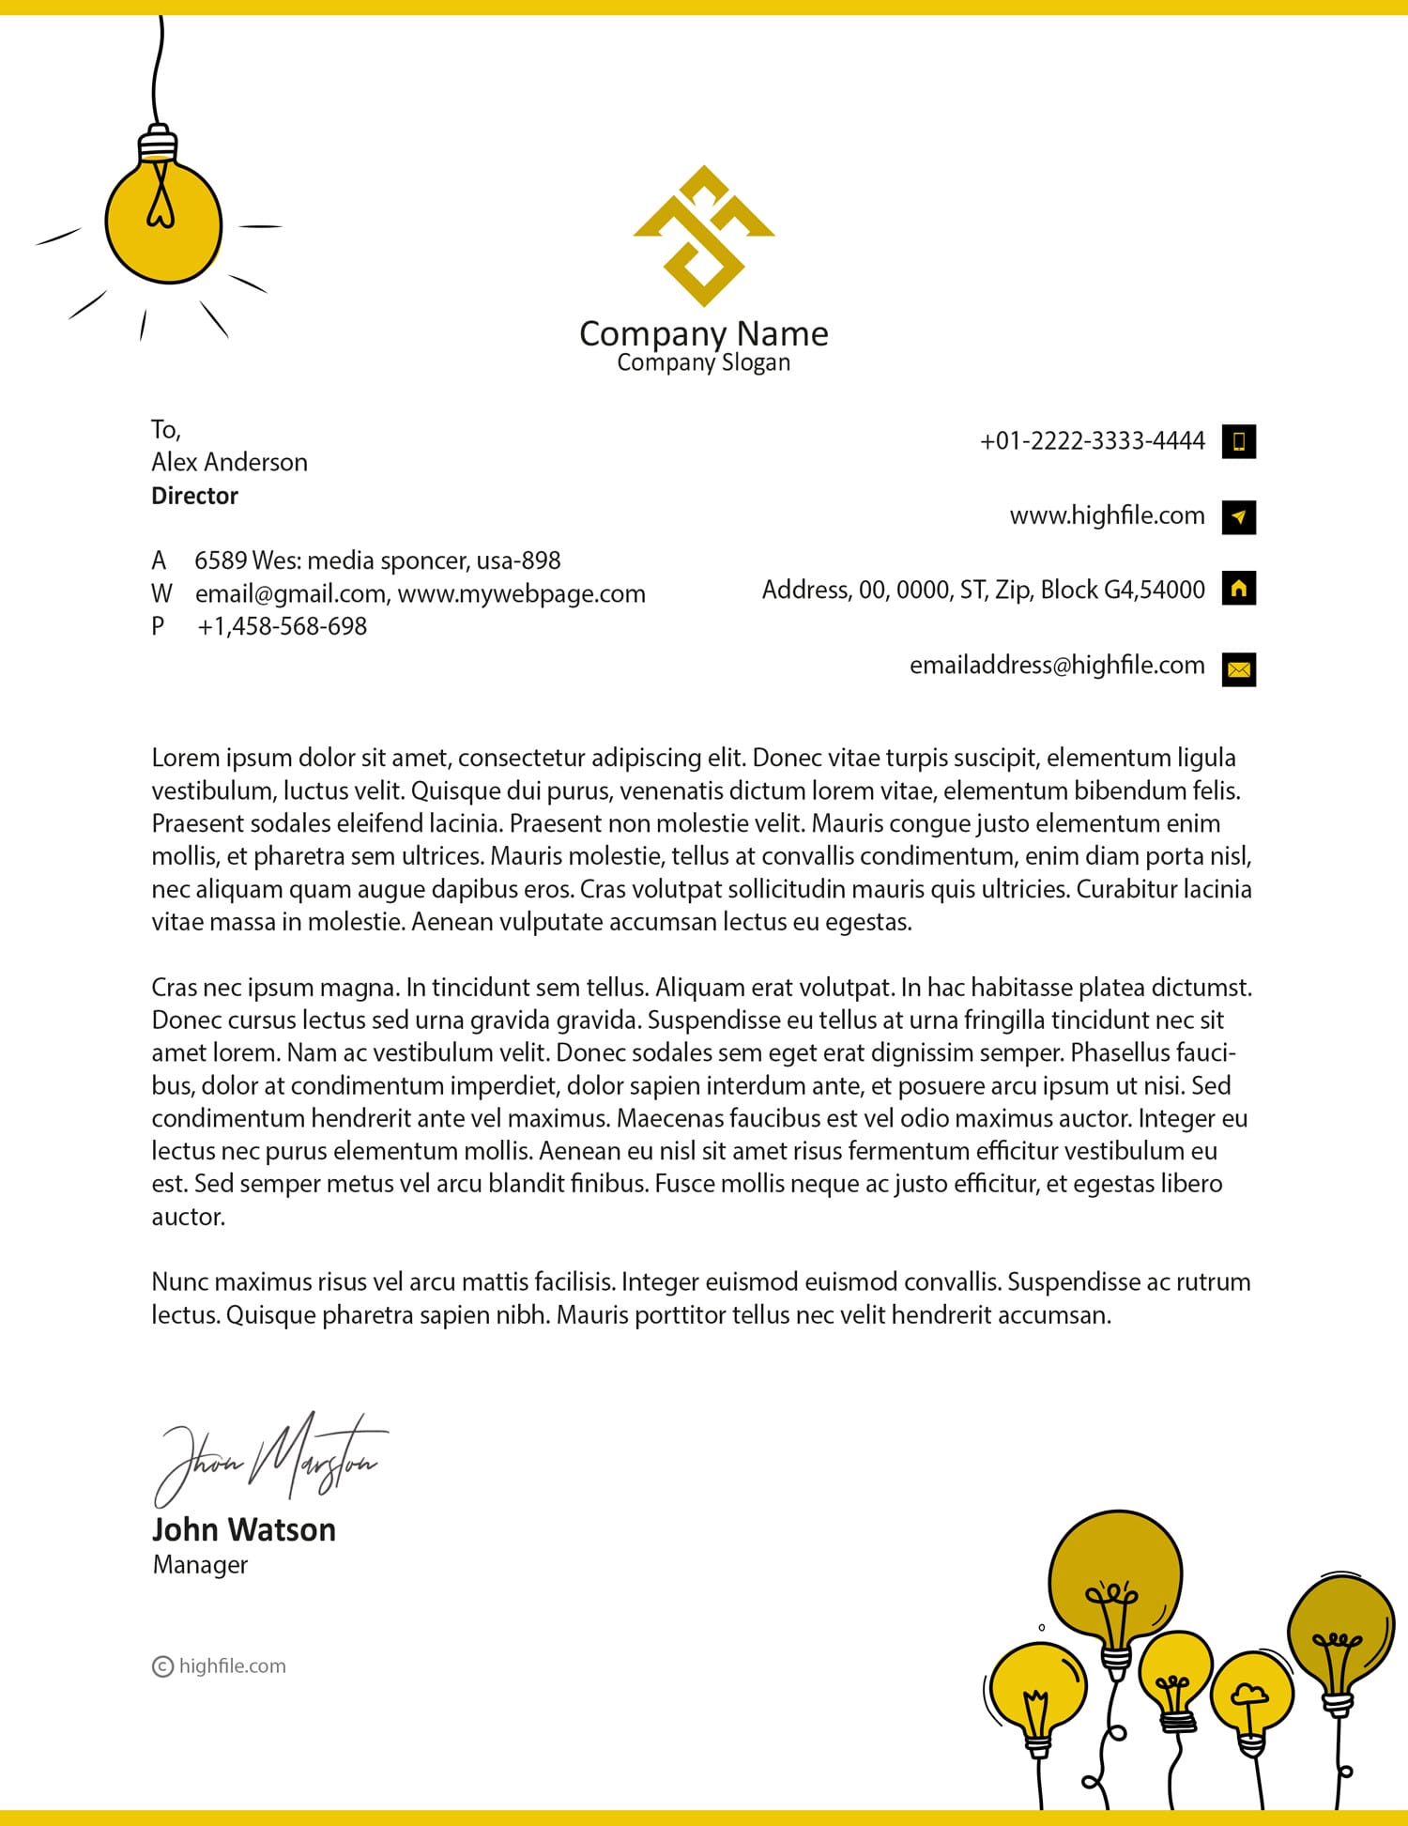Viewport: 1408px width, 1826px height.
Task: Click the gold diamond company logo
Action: pos(703,236)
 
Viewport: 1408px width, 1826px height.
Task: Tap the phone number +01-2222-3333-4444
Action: pos(1092,441)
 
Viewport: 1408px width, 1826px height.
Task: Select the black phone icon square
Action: pos(1238,441)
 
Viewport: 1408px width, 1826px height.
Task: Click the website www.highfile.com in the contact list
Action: pos(1107,515)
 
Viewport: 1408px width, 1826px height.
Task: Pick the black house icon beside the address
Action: pos(1238,589)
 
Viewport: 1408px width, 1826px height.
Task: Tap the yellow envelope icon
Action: pos(1238,669)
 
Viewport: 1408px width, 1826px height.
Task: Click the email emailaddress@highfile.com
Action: pos(1056,665)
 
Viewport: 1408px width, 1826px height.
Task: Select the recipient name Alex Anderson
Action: pos(229,462)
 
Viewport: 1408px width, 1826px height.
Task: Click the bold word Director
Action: pos(194,496)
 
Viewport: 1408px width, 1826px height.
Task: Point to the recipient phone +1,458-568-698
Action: pos(282,626)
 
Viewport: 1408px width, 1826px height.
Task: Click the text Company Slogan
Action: pos(703,362)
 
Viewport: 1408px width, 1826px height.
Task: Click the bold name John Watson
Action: pos(243,1530)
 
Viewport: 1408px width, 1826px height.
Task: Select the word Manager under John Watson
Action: pos(200,1565)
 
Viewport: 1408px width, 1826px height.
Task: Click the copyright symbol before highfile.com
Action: pos(162,1666)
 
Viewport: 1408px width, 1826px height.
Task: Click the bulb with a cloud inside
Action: pos(1250,1696)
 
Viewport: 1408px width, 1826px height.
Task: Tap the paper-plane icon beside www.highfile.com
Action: pos(1238,516)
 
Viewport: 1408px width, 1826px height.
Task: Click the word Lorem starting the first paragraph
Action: pos(186,758)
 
